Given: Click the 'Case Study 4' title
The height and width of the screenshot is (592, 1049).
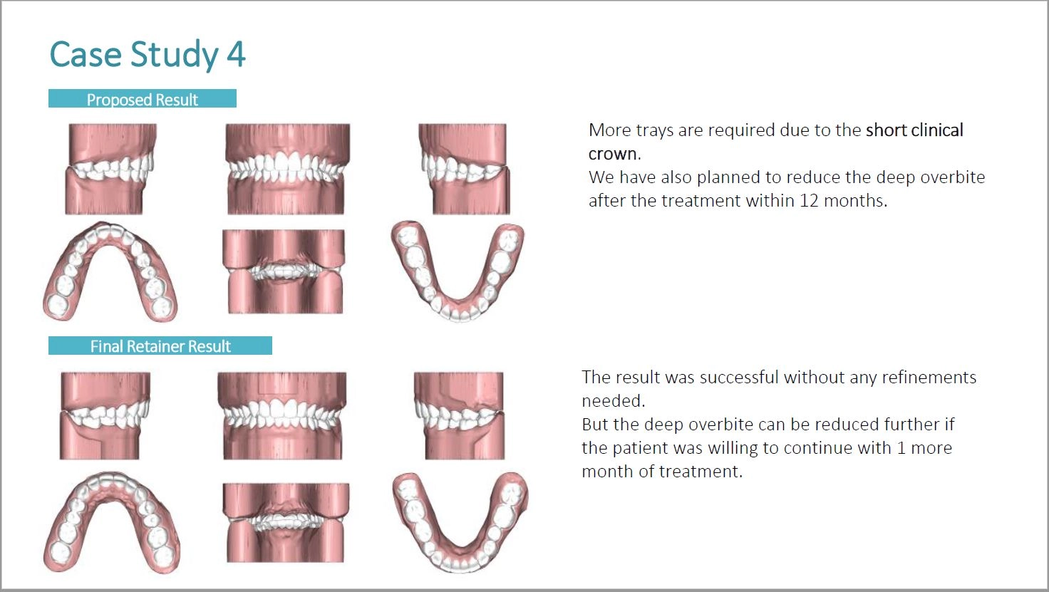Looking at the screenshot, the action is (x=148, y=55).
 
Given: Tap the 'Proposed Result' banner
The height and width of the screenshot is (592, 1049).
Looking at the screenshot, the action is (x=143, y=99).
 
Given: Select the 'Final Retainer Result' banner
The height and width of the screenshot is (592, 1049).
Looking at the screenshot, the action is (x=160, y=346).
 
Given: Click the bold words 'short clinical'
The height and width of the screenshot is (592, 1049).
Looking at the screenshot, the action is (x=914, y=130).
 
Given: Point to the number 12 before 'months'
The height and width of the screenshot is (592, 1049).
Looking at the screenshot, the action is (x=809, y=201).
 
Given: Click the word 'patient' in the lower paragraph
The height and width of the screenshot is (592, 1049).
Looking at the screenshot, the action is (x=641, y=448).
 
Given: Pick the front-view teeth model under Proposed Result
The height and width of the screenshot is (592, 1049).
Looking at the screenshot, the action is (x=287, y=169).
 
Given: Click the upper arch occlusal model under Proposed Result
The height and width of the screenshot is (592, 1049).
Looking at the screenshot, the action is (x=110, y=272).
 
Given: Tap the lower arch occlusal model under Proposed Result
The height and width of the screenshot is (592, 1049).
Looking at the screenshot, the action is (x=458, y=271).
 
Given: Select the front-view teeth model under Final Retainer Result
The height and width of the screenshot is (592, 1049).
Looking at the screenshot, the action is (x=282, y=415).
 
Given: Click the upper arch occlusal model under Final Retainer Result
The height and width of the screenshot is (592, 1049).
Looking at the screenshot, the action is (x=111, y=522).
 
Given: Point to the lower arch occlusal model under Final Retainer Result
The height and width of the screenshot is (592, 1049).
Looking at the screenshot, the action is (x=460, y=522).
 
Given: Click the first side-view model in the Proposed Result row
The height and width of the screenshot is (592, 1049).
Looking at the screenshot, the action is (x=111, y=169).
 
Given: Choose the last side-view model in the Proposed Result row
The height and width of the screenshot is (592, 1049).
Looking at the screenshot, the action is (x=464, y=169).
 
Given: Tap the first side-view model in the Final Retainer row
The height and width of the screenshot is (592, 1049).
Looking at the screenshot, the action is (x=105, y=415).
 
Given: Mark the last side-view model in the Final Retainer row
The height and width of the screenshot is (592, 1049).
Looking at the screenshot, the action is (x=459, y=415).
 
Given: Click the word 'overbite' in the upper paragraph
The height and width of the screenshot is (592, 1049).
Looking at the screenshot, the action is (x=953, y=177).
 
